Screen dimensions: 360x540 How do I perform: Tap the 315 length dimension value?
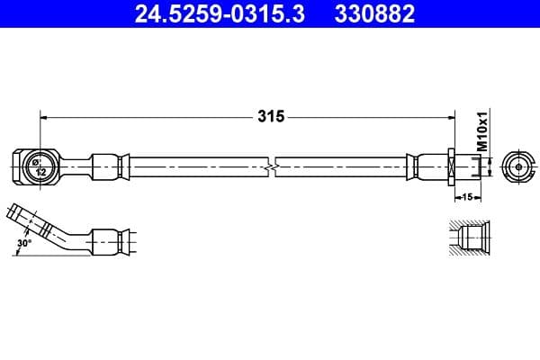pos(270,116)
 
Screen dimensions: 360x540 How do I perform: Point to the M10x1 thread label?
pos(482,131)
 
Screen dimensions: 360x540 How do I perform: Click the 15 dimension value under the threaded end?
pos(468,194)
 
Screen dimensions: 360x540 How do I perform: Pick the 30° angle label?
pos(24,242)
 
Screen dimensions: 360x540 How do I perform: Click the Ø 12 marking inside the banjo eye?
pos(38,166)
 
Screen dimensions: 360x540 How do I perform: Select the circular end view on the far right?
pos(520,166)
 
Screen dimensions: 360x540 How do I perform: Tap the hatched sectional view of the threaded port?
pos(468,240)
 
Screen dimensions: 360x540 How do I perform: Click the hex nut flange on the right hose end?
pos(448,166)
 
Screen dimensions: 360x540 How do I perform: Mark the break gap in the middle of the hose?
pos(273,166)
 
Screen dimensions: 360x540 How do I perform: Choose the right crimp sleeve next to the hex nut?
pos(426,166)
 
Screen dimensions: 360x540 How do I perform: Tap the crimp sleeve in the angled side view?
pos(108,240)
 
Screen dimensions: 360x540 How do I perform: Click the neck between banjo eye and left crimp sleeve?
pos(74,166)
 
